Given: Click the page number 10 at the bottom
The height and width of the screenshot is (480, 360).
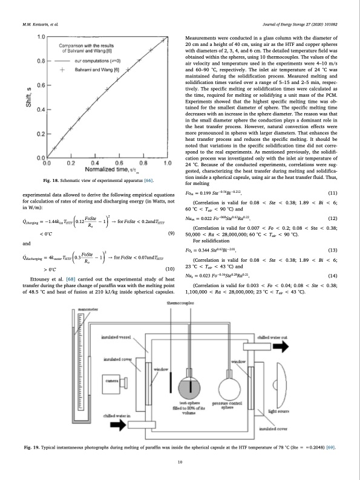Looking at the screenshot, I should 180,462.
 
